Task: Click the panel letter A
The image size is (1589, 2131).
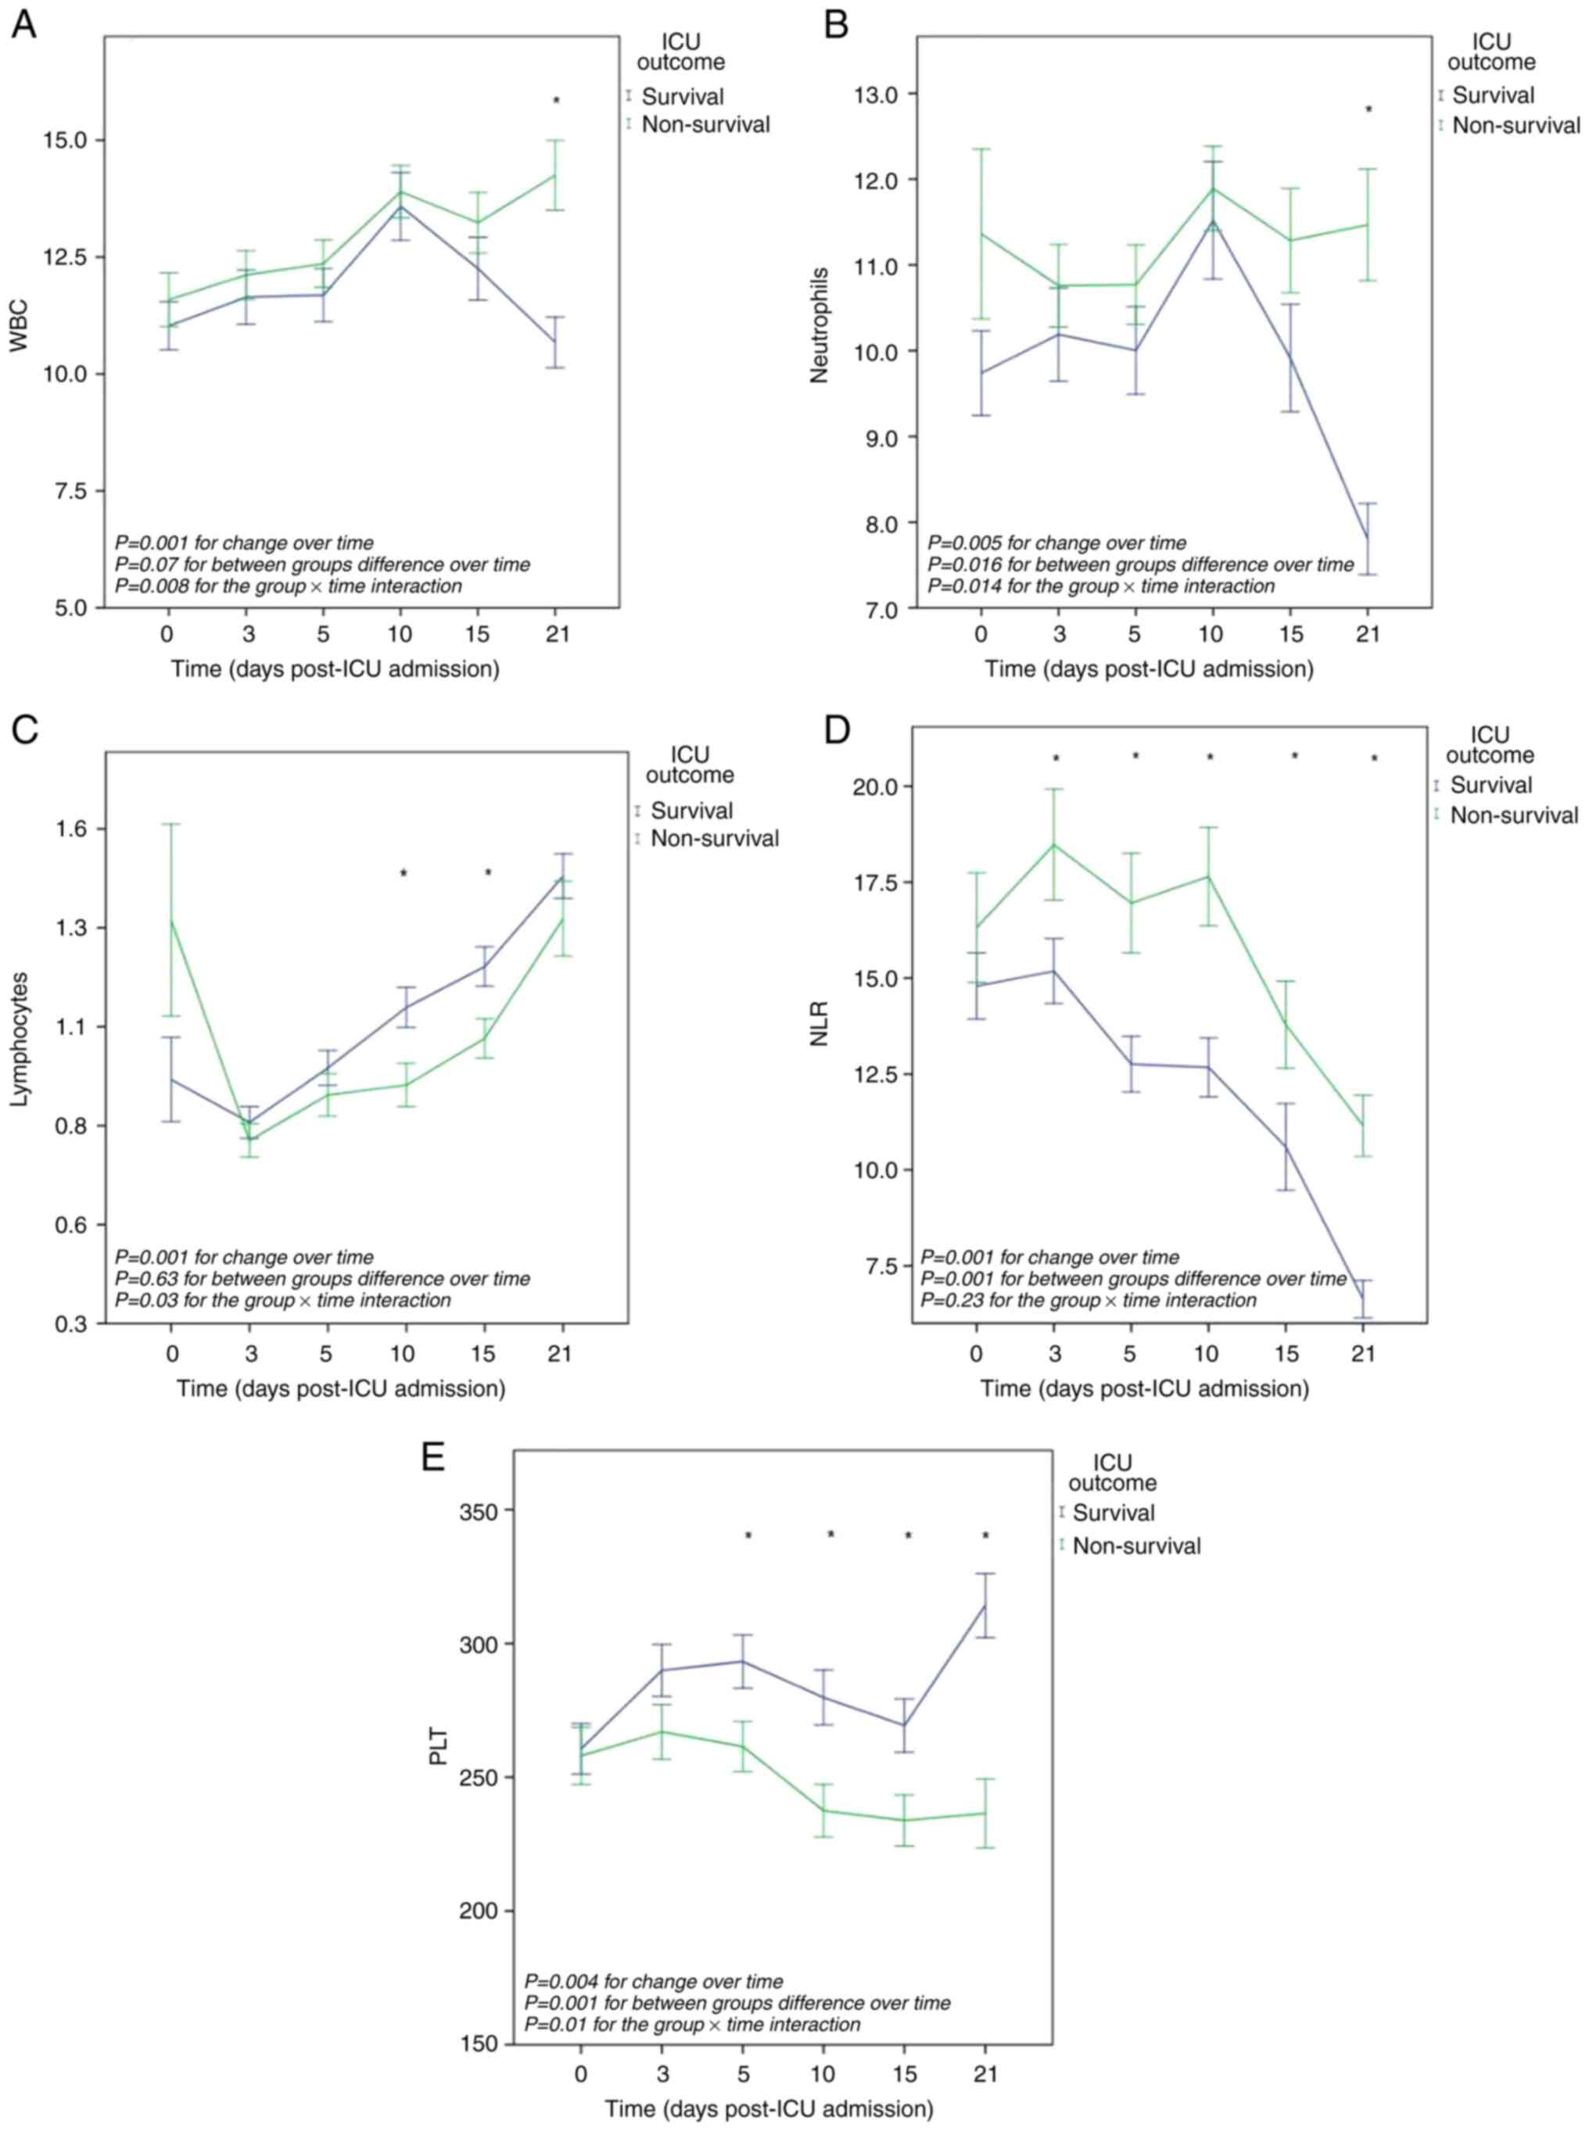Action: pyautogui.click(x=23, y=24)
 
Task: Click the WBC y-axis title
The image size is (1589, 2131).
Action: pyautogui.click(x=20, y=327)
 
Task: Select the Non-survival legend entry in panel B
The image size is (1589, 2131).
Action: pyautogui.click(x=1515, y=125)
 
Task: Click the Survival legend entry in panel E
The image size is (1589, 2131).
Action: pyautogui.click(x=1113, y=1513)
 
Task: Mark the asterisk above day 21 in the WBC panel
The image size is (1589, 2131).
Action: pyautogui.click(x=556, y=101)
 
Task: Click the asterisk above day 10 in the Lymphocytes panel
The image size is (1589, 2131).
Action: pyautogui.click(x=404, y=873)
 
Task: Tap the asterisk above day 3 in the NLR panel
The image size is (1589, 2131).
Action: pyautogui.click(x=1055, y=759)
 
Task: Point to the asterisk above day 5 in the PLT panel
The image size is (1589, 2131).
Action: pyautogui.click(x=748, y=1536)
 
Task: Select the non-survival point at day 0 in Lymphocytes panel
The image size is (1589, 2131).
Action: pyautogui.click(x=171, y=920)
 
